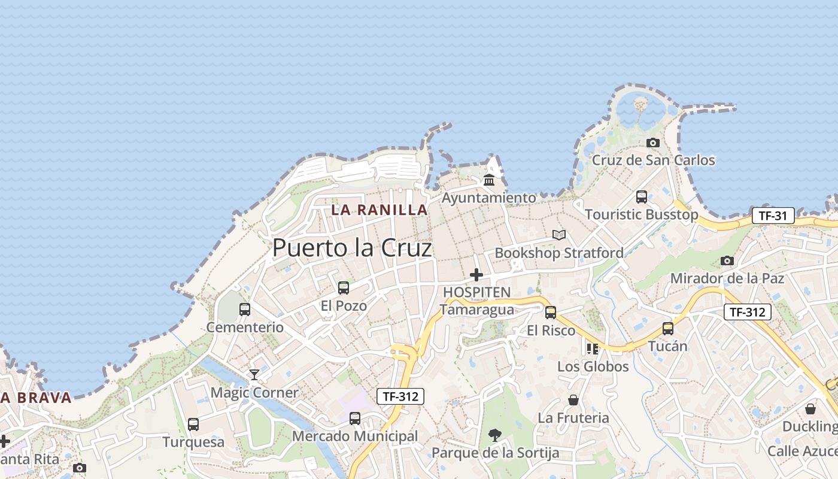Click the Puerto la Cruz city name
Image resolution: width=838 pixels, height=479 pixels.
coord(352,248)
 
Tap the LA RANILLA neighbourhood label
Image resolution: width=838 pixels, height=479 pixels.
coord(379,210)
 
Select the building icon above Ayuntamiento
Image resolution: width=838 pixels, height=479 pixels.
coord(489,180)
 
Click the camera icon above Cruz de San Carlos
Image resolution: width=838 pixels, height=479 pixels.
coord(653,143)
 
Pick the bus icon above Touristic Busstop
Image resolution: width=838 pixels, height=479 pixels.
coord(642,196)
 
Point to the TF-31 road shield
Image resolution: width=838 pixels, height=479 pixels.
coord(773,216)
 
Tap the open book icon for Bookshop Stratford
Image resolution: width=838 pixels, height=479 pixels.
coord(559,235)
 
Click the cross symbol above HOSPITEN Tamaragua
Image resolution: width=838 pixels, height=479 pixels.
coord(476,275)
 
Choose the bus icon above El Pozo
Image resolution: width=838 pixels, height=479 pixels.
coord(344,288)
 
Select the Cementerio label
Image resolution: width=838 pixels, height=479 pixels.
coord(245,328)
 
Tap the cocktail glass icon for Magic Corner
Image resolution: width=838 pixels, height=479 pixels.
coord(254,375)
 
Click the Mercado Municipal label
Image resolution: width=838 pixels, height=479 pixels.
coord(355,436)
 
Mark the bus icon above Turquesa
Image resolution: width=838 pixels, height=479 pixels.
coord(193,425)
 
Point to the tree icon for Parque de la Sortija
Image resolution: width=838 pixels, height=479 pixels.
coord(495,435)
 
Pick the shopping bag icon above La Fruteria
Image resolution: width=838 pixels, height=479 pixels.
coord(573,400)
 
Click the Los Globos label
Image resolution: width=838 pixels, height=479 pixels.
coord(593,366)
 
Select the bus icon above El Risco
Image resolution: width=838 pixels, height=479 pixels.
coord(551,312)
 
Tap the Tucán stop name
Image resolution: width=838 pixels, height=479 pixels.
coord(668,346)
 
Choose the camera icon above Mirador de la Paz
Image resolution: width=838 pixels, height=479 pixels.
coord(727,260)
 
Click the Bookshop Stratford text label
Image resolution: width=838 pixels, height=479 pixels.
coord(559,253)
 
